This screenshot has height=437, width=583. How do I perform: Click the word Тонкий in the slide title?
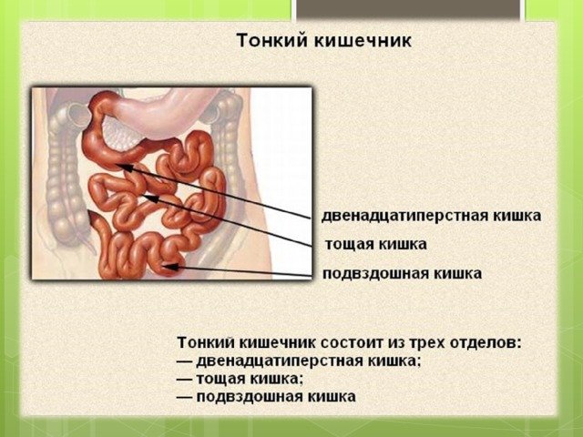coord(272,40)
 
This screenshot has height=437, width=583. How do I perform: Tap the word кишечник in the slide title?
coord(363,40)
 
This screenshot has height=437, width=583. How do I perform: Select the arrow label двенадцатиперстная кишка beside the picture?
coord(431,216)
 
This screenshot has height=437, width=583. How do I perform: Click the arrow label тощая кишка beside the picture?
coord(376,245)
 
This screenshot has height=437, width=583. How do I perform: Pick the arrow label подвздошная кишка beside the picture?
coord(403,273)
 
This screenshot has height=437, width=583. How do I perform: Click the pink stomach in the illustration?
coord(164,111)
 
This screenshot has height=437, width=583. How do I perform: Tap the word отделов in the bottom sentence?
coord(486,342)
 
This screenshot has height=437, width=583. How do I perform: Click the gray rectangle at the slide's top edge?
coord(408,9)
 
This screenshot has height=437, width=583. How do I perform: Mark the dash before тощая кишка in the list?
coord(185,380)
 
